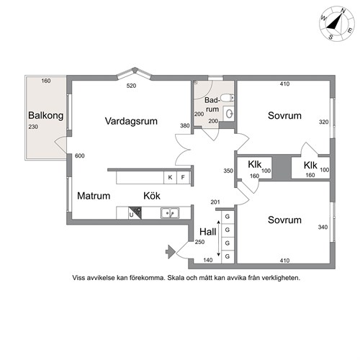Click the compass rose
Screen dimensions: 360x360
pos(337,24)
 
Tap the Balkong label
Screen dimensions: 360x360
pos(46,115)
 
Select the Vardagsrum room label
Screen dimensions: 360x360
pos(131,121)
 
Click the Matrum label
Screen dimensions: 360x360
pos(94,196)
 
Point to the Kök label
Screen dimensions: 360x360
pos(152,196)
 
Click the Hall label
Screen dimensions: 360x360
pos(208,232)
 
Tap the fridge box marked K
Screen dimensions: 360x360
pos(170,177)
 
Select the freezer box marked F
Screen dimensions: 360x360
pos(183,177)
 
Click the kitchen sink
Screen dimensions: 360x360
pos(170,213)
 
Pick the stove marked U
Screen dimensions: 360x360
pos(135,213)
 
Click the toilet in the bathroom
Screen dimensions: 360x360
pos(228,98)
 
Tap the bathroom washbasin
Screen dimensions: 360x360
pos(228,114)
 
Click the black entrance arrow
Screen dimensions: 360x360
pos(171,252)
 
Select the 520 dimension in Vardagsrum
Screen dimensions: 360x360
pos(131,86)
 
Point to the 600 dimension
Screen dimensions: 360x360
pos(80,156)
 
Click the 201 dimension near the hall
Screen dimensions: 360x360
pos(215,202)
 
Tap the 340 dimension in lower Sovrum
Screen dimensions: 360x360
pos(323,227)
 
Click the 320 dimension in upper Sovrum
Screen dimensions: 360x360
pos(323,122)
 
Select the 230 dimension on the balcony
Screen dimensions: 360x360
pos(33,127)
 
